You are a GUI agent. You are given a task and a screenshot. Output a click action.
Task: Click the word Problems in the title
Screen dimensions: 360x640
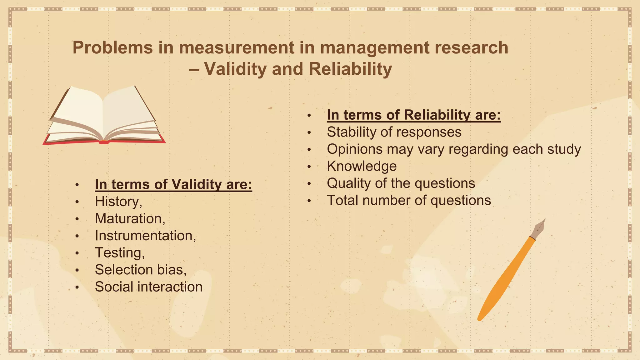pos(113,48)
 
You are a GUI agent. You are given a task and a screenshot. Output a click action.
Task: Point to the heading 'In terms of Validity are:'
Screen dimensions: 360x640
pos(173,184)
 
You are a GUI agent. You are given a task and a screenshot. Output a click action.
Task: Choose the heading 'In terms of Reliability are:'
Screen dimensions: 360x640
pos(414,115)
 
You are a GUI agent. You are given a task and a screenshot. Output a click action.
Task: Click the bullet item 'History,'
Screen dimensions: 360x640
pos(118,201)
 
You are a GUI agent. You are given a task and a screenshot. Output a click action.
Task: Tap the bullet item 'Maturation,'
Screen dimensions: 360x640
pos(130,218)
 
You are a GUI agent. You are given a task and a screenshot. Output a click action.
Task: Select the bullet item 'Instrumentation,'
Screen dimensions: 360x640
pos(145,236)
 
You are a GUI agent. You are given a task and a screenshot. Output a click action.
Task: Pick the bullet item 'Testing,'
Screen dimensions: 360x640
pos(120,253)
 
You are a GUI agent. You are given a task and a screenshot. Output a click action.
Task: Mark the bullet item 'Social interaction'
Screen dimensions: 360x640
pos(148,287)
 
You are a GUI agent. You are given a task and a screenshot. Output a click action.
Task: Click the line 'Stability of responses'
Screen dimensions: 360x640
pos(394,132)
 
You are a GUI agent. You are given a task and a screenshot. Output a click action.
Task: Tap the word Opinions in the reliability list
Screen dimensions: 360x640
pos(355,149)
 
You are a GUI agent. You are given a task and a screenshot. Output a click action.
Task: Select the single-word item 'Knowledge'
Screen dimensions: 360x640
pos(362,166)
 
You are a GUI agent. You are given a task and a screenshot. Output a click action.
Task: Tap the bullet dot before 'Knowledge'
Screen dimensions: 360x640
pos(309,167)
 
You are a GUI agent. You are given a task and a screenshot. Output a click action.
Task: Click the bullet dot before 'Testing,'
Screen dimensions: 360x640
pos(77,253)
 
